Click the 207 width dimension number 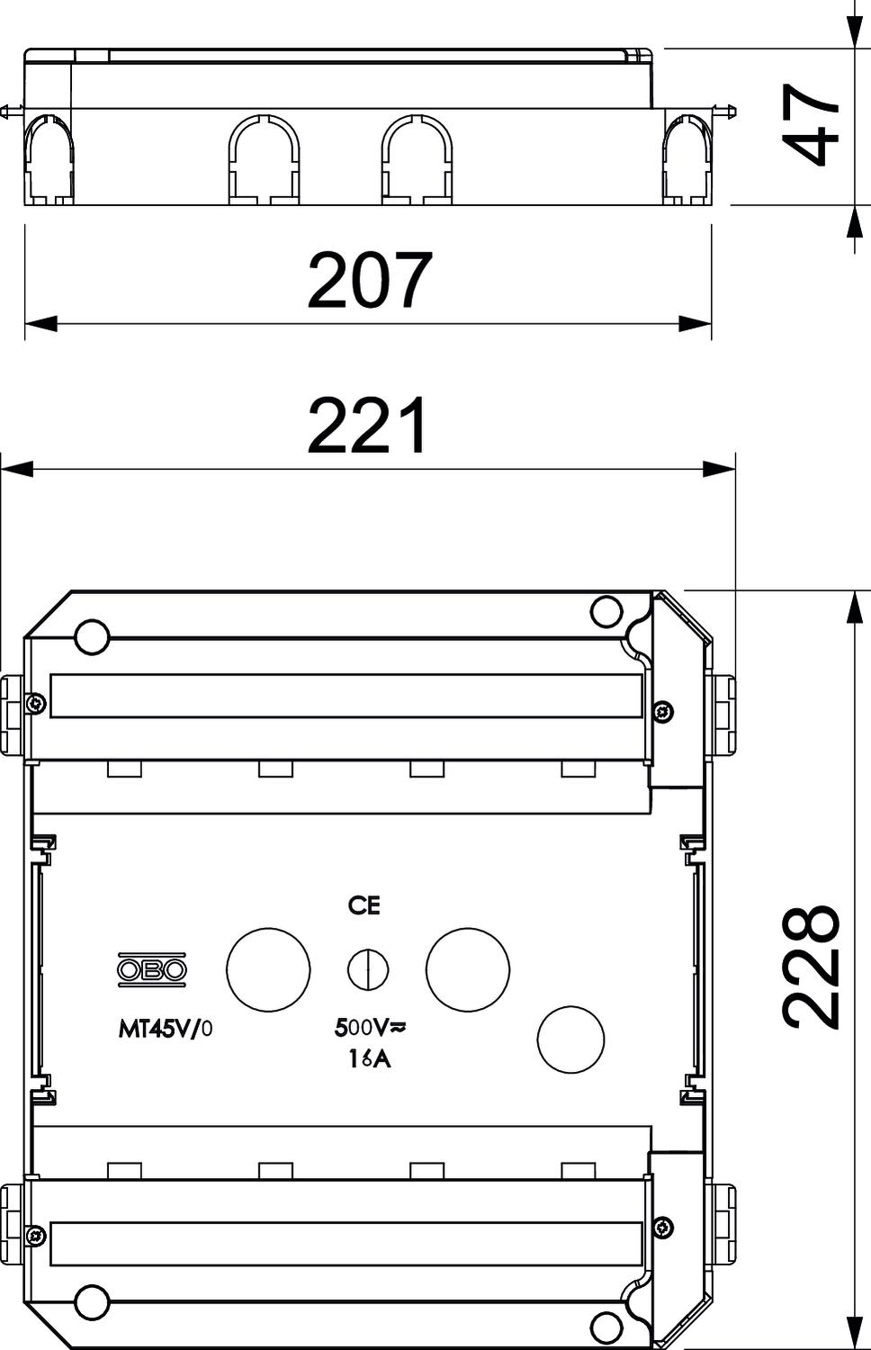(370, 280)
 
